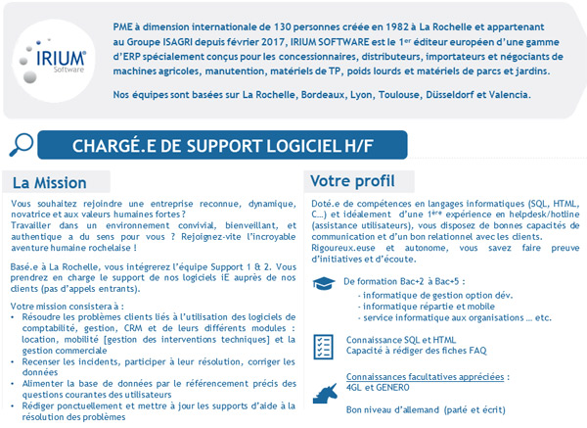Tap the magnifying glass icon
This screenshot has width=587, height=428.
pyautogui.click(x=20, y=145)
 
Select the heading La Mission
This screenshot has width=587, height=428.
pyautogui.click(x=50, y=182)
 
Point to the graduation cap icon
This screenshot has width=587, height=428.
pyautogui.click(x=323, y=283)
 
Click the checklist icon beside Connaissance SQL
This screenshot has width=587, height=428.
pyautogui.click(x=323, y=344)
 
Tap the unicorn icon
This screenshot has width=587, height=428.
pyautogui.click(x=323, y=393)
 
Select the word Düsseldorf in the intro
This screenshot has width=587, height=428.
pyautogui.click(x=422, y=95)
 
